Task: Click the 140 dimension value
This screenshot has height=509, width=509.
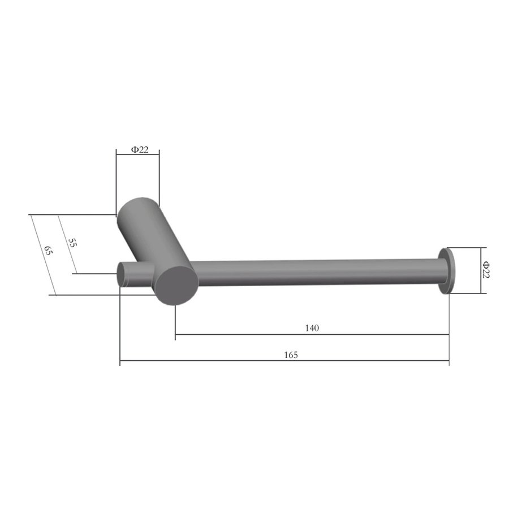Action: pos(312,328)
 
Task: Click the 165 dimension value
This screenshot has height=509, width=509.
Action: pos(290,355)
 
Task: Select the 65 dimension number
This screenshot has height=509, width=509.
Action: pos(48,251)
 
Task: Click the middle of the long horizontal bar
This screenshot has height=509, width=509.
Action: pos(317,271)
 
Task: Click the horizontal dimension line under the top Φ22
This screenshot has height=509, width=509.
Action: pos(137,154)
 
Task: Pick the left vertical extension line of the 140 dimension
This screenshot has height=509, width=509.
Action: pos(175,322)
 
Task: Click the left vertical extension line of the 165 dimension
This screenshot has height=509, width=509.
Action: pos(120,328)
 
